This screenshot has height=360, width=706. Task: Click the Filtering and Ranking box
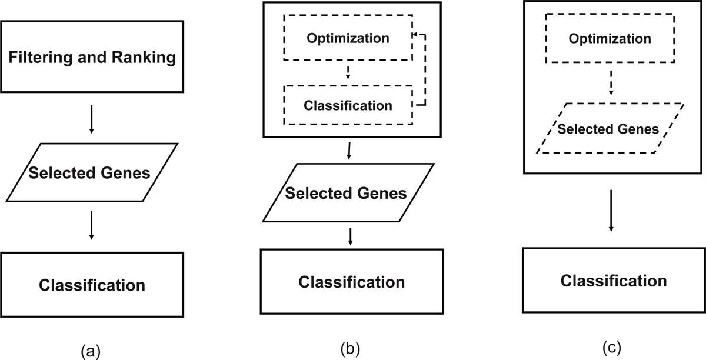[x=91, y=58]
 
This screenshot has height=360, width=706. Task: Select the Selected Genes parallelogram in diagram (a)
[x=91, y=174]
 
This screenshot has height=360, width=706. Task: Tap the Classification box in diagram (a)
[x=91, y=285]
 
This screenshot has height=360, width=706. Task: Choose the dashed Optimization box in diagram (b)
[x=347, y=38]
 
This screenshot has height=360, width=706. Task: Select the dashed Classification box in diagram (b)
[x=347, y=105]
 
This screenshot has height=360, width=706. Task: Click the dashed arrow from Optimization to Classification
[x=348, y=72]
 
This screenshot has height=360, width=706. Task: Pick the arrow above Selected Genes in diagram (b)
[x=350, y=151]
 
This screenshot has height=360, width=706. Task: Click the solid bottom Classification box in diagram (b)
[x=351, y=282]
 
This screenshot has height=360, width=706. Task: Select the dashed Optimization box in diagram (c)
[x=610, y=38]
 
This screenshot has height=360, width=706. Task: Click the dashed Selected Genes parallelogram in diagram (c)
[x=610, y=129]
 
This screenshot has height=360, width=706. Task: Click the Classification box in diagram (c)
[x=613, y=280]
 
